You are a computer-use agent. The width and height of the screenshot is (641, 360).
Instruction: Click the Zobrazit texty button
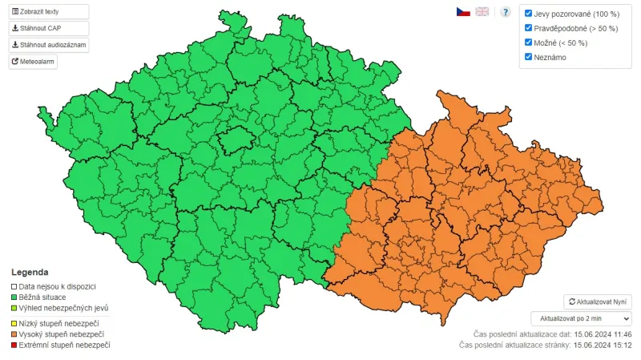click(x=49, y=12)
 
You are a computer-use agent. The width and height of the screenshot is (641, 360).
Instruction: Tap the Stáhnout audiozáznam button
click(x=49, y=45)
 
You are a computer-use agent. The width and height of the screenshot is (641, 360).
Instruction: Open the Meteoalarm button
click(x=34, y=61)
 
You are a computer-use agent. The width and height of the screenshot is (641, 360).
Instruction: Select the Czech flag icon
click(x=463, y=12)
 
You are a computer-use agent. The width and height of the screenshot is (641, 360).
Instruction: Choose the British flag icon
click(x=482, y=12)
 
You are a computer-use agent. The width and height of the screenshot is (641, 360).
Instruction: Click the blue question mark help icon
click(x=506, y=12)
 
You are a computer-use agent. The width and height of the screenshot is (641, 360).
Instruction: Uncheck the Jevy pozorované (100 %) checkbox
click(x=528, y=14)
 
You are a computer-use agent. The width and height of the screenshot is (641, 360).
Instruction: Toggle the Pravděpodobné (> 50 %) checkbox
click(x=528, y=28)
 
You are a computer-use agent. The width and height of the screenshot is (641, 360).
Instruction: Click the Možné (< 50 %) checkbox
click(x=528, y=42)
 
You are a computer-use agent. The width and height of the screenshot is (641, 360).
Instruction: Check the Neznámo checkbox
click(x=528, y=57)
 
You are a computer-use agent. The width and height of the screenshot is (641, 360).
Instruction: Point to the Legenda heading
click(x=30, y=272)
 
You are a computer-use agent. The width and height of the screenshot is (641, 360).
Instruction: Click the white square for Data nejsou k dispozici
click(x=14, y=286)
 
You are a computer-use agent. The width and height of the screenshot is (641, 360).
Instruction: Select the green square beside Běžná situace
click(x=14, y=297)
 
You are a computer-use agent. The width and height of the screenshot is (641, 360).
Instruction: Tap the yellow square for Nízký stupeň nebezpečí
click(x=14, y=322)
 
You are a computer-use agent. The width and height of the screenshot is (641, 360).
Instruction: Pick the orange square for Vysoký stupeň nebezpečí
click(x=14, y=334)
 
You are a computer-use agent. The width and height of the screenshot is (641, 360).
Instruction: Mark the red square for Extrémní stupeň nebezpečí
click(x=14, y=345)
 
